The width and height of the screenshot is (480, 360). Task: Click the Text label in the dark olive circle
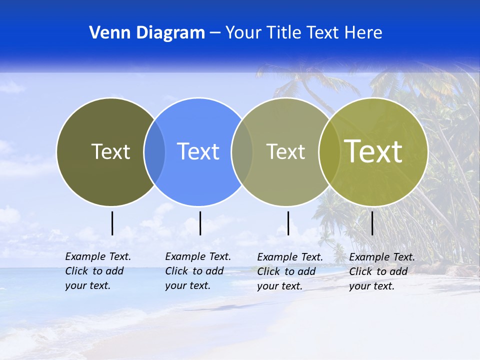click(110, 151)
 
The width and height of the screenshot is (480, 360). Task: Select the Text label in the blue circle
click(198, 151)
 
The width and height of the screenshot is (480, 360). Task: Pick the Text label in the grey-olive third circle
click(285, 151)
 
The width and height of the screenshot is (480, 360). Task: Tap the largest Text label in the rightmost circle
click(373, 151)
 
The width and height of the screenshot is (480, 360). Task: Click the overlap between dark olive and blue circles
click(154, 151)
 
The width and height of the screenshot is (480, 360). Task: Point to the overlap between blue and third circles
click(242, 151)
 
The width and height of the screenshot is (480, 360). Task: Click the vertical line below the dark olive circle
click(112, 223)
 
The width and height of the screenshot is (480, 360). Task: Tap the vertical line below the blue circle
click(200, 223)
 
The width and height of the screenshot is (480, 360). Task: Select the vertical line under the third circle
click(288, 223)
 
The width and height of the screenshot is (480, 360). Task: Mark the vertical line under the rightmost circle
click(372, 223)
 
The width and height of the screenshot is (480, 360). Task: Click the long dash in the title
click(215, 33)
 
